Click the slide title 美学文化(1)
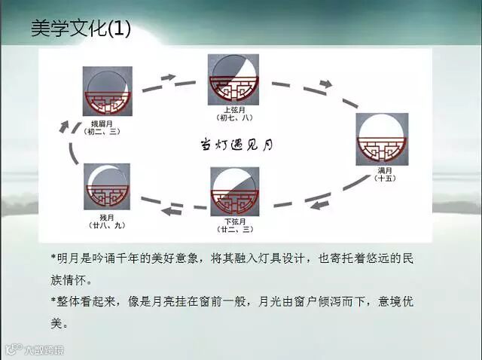pos(81,29)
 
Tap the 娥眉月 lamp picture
pos(108,90)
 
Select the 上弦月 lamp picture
pos(233,80)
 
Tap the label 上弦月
pos(233,110)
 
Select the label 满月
pos(383,171)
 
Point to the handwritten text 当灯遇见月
pos(234,144)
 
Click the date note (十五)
pos(383,179)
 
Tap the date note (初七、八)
pos(234,118)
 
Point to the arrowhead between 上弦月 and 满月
pos(325,84)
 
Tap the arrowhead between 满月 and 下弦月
pos(321,204)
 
